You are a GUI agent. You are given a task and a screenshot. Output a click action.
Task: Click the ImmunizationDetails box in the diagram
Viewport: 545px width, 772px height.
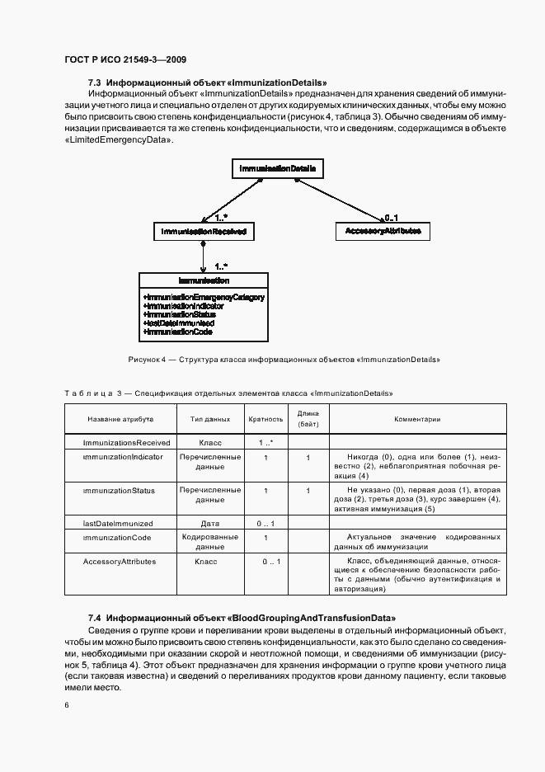(277, 169)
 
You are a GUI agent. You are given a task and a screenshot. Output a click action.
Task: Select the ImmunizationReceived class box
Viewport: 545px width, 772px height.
(202, 233)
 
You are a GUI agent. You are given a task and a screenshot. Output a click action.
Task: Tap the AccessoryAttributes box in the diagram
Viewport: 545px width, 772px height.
(383, 232)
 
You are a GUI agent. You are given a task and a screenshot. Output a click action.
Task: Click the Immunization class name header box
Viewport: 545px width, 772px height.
(202, 281)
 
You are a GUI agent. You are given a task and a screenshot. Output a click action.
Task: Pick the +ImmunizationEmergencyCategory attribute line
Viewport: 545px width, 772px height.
(203, 297)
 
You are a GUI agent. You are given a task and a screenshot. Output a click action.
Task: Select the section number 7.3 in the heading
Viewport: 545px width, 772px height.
(94, 82)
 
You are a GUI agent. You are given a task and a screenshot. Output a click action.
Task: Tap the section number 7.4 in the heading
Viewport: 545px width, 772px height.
(94, 618)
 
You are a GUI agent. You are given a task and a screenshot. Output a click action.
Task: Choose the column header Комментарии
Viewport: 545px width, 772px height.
(417, 419)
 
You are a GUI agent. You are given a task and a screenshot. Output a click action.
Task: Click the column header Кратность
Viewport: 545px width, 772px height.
(265, 419)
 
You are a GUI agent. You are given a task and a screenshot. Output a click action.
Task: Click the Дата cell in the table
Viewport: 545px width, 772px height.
(210, 523)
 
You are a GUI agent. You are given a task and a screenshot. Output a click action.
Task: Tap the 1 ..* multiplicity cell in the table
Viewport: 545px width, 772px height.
(265, 443)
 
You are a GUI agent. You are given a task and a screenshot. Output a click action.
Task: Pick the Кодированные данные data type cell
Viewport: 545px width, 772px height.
(210, 542)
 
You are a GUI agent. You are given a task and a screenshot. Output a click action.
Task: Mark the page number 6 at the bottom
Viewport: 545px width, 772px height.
(67, 704)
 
